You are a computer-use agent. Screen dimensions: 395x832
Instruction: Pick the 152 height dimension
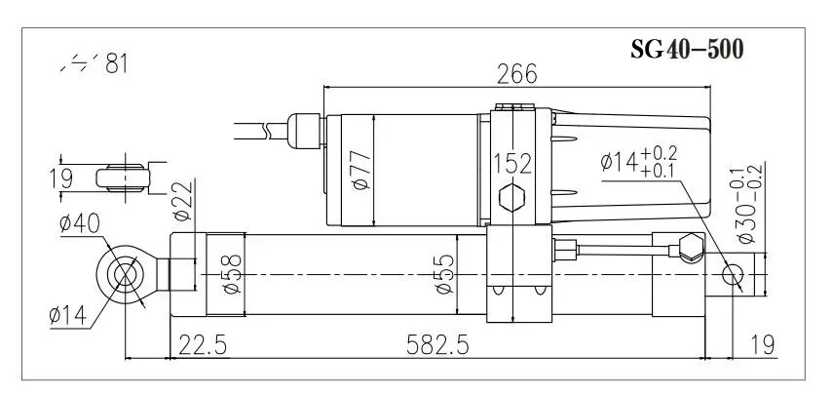(513, 162)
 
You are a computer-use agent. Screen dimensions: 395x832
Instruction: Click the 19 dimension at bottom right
(764, 345)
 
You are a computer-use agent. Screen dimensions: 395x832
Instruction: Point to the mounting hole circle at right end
(734, 276)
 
